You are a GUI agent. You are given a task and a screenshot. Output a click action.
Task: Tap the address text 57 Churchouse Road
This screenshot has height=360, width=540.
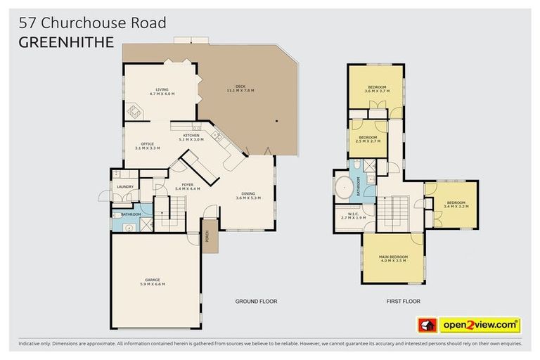pyautogui.click(x=92, y=22)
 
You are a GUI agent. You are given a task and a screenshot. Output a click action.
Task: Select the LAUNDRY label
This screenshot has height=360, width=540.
pyautogui.click(x=125, y=187)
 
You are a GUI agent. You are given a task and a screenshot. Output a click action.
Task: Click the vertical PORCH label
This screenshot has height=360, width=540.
pyautogui.click(x=207, y=237)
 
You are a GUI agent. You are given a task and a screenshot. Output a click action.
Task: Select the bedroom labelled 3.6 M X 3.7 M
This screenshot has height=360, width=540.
pyautogui.click(x=376, y=89)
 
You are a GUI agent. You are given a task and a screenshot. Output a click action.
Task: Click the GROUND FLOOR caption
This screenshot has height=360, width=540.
pyautogui.click(x=256, y=301)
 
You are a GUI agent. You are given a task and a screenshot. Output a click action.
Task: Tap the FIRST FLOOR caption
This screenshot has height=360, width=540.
pyautogui.click(x=403, y=301)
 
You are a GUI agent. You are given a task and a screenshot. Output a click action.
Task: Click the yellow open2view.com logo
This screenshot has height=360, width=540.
pyautogui.click(x=480, y=325)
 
